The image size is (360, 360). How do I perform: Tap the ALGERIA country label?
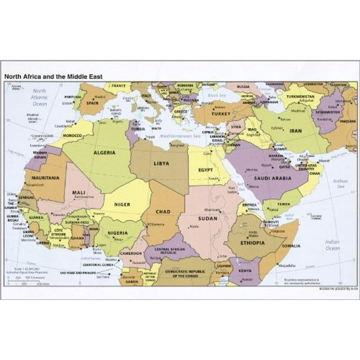click(104, 152)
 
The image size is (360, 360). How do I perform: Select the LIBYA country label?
click(161, 163)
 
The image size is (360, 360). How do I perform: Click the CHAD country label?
click(163, 212)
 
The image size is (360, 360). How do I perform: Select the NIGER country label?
click(122, 205)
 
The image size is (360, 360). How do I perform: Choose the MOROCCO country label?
click(72, 135)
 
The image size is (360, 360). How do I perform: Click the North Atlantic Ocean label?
click(39, 97)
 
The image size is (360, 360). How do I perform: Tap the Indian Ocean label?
click(332, 245)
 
